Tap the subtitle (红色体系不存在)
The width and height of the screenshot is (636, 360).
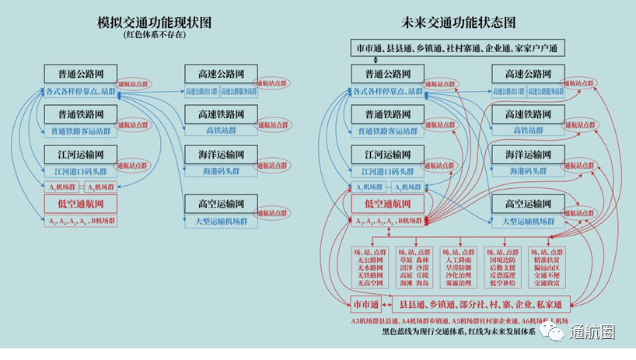(x=156, y=35)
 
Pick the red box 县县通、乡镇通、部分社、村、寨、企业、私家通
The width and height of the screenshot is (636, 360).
(x=481, y=303)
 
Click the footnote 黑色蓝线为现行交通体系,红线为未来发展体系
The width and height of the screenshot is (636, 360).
(x=459, y=330)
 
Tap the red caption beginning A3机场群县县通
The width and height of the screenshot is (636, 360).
(x=459, y=320)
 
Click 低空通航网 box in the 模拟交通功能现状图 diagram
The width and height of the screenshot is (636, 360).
(x=82, y=204)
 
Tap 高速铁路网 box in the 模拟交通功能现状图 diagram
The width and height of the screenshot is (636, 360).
(x=220, y=114)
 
